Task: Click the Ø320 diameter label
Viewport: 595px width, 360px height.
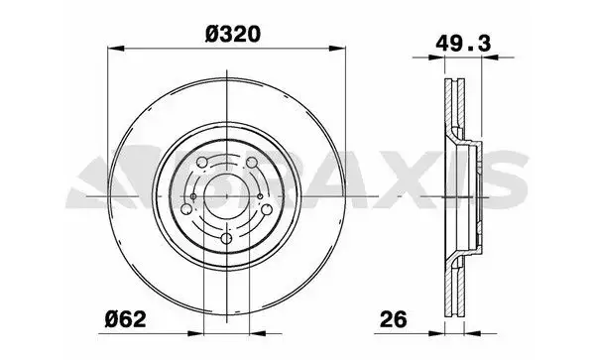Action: (233, 34)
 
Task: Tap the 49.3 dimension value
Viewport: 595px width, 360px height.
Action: (463, 44)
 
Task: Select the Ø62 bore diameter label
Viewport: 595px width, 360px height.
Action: (125, 319)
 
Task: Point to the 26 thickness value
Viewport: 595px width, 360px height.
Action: (393, 319)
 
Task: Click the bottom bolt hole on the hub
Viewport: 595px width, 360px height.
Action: (226, 239)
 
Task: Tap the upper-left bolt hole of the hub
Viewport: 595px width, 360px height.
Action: (202, 163)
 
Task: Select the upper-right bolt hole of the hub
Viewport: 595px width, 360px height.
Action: (252, 163)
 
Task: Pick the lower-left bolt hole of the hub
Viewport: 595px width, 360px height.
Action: (186, 209)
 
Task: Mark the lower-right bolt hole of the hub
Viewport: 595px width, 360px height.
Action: (267, 209)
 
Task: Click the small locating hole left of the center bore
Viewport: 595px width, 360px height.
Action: (193, 196)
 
